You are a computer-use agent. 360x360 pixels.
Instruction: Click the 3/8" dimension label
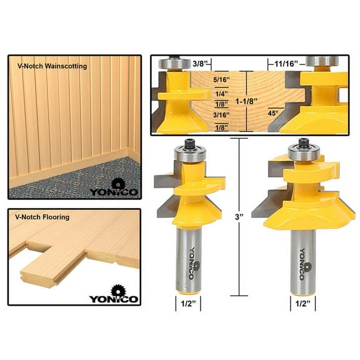[x=201, y=64]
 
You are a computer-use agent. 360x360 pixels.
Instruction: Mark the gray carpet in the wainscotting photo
[x=69, y=178]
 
